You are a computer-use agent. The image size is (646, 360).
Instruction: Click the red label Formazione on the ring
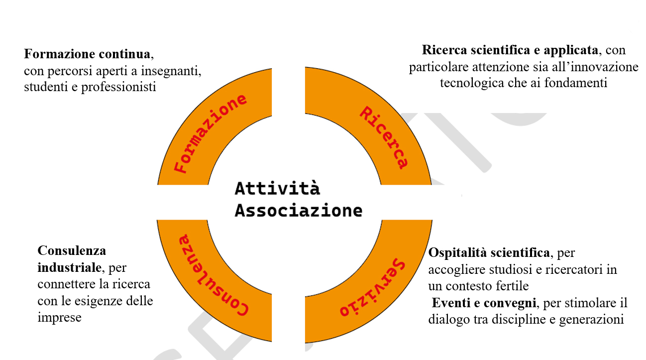[211, 133]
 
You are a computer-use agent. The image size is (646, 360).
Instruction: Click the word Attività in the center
[277, 188]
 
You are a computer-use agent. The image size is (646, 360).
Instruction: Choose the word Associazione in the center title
[298, 210]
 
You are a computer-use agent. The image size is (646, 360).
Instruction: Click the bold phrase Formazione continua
[87, 54]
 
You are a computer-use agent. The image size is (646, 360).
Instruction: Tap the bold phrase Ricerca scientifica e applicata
[510, 50]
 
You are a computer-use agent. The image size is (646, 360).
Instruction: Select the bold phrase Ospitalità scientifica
[489, 253]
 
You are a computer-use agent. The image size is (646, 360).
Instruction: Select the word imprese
[59, 317]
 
